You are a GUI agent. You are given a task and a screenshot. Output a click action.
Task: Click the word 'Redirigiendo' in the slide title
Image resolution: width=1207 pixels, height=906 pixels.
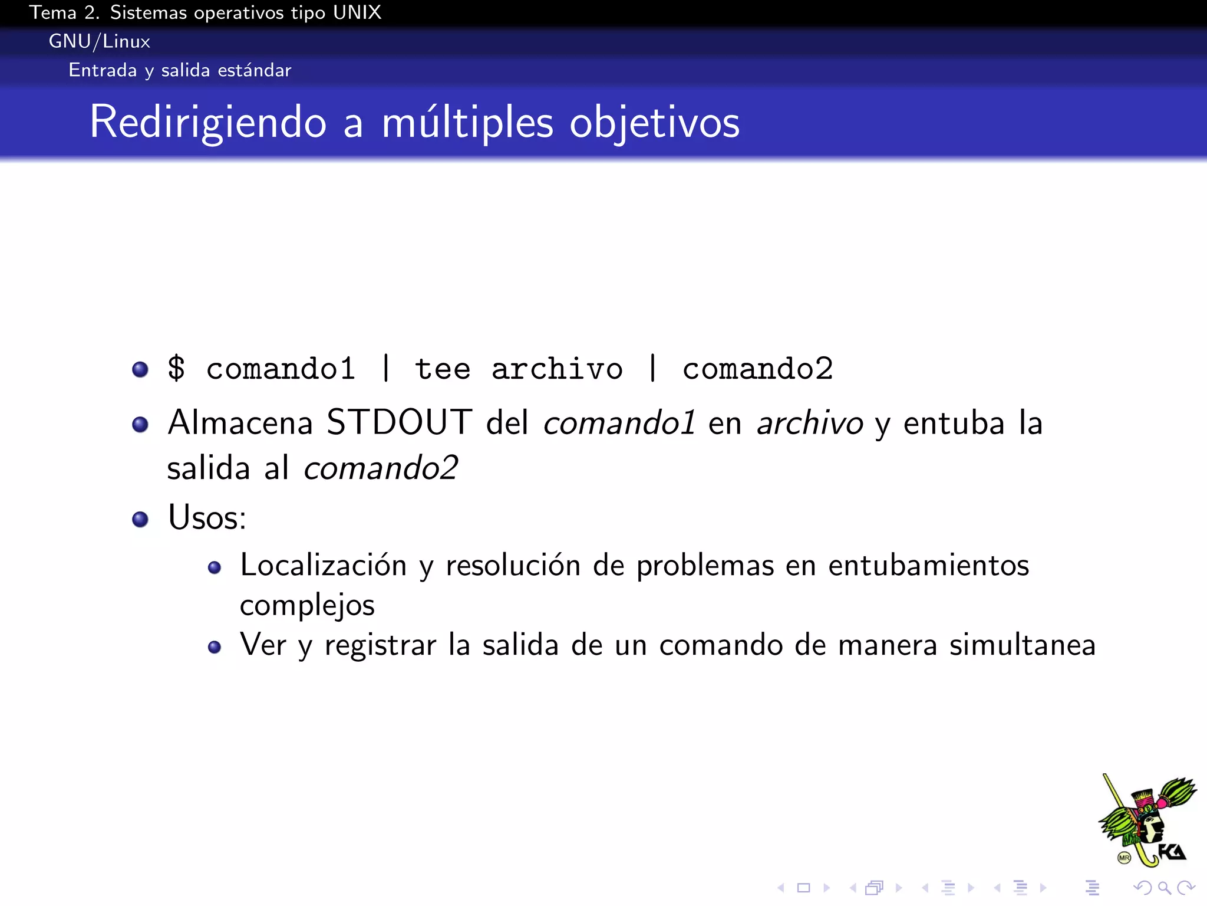click(x=207, y=123)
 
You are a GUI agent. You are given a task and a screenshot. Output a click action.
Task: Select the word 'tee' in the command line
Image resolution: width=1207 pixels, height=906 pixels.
click(x=443, y=369)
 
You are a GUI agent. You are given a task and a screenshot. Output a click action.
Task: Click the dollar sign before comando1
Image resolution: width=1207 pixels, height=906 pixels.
click(x=176, y=368)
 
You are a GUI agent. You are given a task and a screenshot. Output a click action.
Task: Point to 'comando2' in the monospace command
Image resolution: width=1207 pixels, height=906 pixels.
click(x=757, y=369)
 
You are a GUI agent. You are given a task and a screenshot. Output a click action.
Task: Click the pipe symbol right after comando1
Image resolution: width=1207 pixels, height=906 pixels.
click(x=386, y=368)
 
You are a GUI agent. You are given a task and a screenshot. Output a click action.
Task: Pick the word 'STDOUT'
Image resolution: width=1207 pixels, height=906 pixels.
click(x=399, y=422)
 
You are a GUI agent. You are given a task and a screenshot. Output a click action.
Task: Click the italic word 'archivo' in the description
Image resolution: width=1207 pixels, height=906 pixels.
click(x=810, y=424)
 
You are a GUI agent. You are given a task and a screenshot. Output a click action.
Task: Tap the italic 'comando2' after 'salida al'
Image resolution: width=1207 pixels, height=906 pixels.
click(x=381, y=468)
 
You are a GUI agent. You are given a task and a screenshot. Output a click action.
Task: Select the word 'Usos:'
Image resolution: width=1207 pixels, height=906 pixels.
click(x=207, y=517)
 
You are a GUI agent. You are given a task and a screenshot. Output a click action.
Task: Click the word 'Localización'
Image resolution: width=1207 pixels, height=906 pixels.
click(x=324, y=565)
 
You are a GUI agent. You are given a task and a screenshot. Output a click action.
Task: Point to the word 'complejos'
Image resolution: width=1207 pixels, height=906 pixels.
click(x=307, y=605)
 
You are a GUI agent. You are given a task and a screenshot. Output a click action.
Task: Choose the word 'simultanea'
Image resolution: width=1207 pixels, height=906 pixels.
click(x=1022, y=645)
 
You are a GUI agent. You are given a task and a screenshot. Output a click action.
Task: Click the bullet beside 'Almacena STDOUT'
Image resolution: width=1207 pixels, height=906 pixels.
click(x=140, y=424)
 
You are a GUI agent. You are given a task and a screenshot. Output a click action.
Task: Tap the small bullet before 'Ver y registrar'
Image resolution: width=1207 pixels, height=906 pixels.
click(x=215, y=647)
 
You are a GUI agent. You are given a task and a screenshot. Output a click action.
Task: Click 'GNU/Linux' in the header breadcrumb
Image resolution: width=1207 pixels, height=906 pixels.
click(x=99, y=41)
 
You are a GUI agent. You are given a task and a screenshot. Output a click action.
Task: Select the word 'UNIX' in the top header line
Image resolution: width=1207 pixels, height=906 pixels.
click(x=357, y=12)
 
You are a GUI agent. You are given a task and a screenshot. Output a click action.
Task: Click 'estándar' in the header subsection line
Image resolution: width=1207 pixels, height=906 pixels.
click(x=255, y=70)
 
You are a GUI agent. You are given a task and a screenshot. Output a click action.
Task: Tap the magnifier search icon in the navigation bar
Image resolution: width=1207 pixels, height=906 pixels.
click(x=1164, y=887)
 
